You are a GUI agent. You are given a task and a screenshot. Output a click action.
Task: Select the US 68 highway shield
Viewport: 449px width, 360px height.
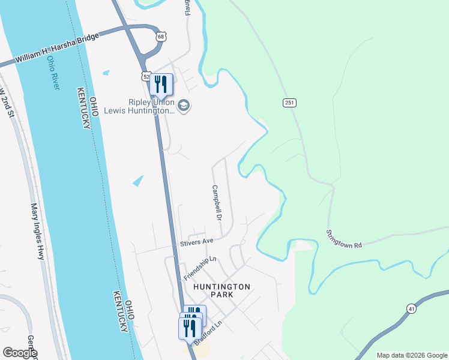(x=160, y=37)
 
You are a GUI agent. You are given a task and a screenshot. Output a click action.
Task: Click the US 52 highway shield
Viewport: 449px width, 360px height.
(x=146, y=76)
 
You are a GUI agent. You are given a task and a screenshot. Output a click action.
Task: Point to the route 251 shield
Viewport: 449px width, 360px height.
(x=289, y=103)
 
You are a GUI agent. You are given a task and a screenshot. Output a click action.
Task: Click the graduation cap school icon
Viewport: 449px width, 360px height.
(x=184, y=106)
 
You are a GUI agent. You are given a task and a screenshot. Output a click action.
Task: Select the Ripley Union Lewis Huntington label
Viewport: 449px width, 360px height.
(x=139, y=106)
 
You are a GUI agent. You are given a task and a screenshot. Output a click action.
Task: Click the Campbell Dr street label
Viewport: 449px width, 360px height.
(x=217, y=202)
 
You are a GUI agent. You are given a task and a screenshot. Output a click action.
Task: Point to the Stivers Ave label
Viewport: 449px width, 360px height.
(x=197, y=242)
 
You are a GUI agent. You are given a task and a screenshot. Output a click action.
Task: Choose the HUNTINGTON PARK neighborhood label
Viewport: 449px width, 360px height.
(x=221, y=290)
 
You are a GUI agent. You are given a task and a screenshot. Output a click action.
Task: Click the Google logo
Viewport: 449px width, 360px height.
(x=20, y=353)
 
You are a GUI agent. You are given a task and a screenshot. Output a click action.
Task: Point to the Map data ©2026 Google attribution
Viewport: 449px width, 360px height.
(x=411, y=355)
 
